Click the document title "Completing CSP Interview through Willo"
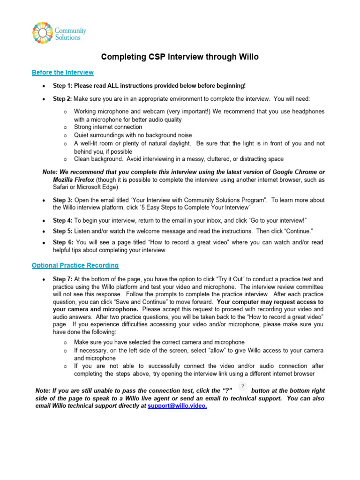point(180,57)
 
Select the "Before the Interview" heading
point(62,73)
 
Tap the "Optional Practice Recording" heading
point(75,265)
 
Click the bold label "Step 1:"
point(62,86)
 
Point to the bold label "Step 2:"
point(62,99)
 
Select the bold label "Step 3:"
point(62,200)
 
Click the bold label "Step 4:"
point(62,220)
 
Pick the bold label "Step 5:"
point(62,231)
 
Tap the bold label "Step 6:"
point(63,242)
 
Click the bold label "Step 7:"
point(62,279)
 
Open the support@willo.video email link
point(177,406)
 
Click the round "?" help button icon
point(242,386)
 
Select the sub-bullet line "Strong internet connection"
point(108,127)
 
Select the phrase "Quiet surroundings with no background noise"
point(133,135)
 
